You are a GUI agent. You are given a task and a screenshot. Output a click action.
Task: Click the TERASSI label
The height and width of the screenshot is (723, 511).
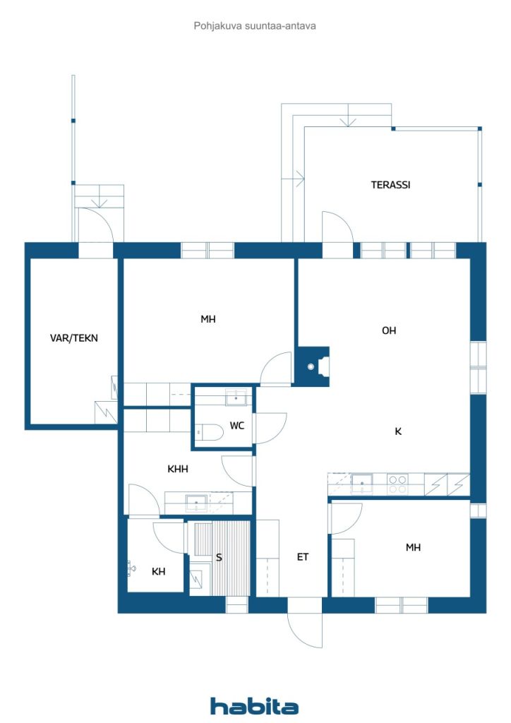[390, 185]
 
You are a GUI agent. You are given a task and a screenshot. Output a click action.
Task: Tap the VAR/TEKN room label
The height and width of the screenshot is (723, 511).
[73, 338]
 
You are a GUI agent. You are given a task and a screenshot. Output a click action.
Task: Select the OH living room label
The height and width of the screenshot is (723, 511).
[389, 330]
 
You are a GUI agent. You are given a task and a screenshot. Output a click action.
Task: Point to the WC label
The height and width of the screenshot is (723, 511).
[237, 426]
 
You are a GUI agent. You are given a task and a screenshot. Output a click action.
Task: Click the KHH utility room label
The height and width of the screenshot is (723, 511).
[178, 469]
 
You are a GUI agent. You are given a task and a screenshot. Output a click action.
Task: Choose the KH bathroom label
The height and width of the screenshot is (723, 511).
[159, 571]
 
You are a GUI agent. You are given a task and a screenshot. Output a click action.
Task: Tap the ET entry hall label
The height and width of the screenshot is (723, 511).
[302, 557]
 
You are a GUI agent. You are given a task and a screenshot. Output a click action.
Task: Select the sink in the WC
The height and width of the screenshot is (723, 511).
[236, 397]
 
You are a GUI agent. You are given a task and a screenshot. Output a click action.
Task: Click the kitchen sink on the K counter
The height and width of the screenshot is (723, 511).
[362, 484]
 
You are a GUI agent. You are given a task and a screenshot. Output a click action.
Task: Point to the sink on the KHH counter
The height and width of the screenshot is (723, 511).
[197, 503]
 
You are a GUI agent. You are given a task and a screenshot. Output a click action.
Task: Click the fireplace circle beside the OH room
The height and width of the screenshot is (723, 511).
[311, 366]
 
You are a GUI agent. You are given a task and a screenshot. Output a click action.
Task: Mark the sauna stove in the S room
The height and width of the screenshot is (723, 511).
[196, 579]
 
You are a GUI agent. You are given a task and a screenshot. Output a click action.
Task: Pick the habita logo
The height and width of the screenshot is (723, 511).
[254, 705]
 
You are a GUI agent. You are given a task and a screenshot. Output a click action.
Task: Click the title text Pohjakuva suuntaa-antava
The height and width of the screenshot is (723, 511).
[255, 26]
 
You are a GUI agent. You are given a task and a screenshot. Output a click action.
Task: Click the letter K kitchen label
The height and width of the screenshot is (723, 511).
[398, 431]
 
